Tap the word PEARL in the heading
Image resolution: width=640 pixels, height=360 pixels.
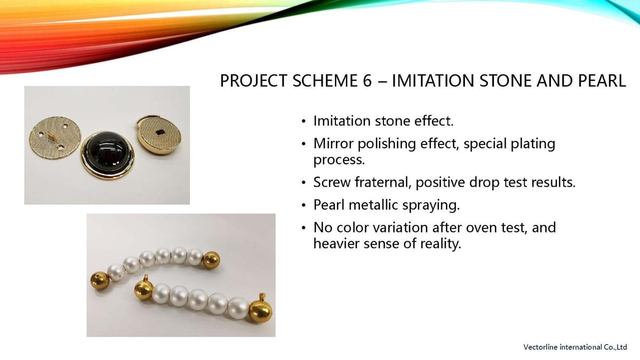[x=602, y=81]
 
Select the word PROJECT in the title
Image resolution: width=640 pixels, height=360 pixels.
[x=253, y=81]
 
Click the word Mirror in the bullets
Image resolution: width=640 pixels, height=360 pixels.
[x=333, y=143]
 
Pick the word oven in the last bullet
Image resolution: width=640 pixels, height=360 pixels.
[x=482, y=228]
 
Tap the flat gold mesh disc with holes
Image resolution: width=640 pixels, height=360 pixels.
[x=55, y=138]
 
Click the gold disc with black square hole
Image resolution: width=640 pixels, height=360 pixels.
[x=158, y=134]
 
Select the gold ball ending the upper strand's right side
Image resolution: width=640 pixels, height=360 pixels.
[x=211, y=261]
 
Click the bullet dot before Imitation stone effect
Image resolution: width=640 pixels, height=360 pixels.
[x=303, y=122]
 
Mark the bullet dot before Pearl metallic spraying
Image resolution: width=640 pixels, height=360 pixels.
[x=303, y=205]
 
